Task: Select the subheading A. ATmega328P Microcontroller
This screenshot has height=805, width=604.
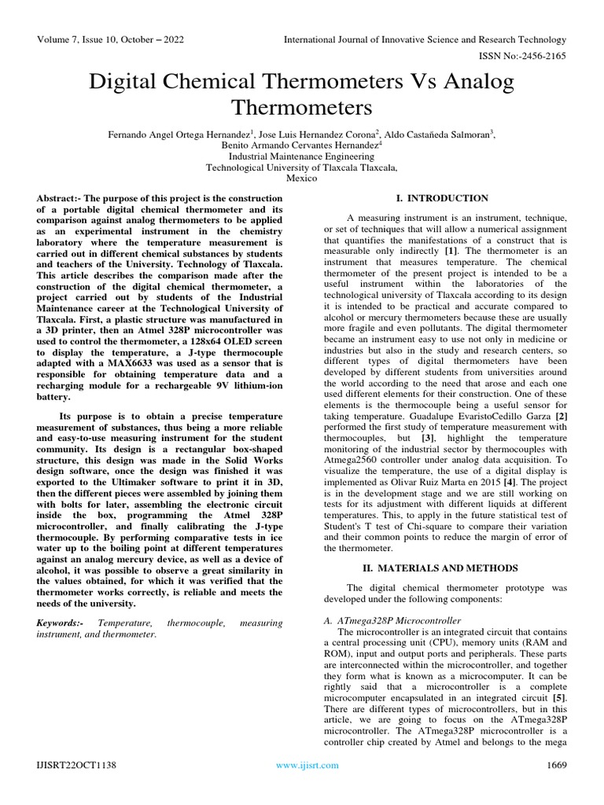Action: [x=392, y=621]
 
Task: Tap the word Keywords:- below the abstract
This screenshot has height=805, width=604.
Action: [x=61, y=623]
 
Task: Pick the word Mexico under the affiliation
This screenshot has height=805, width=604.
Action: [x=302, y=178]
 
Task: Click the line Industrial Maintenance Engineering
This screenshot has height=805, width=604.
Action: [x=302, y=156]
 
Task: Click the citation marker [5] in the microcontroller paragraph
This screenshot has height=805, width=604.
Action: [x=558, y=697]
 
